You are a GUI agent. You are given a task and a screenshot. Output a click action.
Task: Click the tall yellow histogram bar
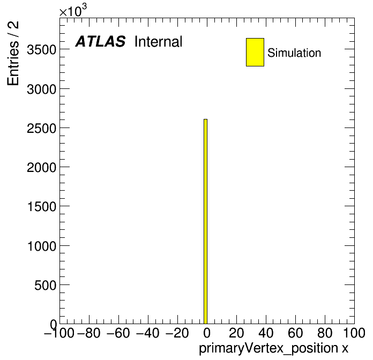(x=206, y=221)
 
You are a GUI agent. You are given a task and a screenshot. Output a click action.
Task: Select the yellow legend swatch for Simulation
(x=255, y=52)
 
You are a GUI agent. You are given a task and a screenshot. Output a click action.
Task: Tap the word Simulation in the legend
(x=294, y=53)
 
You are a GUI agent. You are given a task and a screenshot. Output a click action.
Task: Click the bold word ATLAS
(x=100, y=41)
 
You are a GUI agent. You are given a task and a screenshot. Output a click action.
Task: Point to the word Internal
(x=159, y=42)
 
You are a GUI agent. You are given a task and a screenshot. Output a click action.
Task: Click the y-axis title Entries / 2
(x=13, y=53)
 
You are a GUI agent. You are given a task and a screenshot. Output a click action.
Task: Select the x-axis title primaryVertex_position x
(x=273, y=348)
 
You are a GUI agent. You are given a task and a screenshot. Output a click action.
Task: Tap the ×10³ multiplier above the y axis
(x=73, y=10)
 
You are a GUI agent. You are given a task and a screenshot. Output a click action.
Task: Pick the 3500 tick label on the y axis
(x=42, y=50)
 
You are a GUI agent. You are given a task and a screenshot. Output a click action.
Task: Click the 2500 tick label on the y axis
(x=42, y=129)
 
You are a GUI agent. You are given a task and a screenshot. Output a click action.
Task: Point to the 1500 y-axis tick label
(x=42, y=207)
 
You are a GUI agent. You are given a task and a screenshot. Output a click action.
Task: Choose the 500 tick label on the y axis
(x=46, y=285)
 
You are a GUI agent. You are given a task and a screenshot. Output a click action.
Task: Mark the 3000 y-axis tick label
(x=42, y=89)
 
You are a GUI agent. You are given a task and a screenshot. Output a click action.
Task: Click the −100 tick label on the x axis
(x=59, y=333)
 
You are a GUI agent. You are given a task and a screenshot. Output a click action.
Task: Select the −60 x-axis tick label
(x=118, y=333)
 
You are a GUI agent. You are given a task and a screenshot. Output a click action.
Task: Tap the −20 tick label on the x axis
(x=177, y=333)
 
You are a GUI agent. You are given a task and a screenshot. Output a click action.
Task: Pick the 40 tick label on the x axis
(x=266, y=333)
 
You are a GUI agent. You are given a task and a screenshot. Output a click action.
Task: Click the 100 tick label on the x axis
(x=354, y=333)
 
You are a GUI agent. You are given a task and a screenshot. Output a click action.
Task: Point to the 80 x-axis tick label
(x=325, y=333)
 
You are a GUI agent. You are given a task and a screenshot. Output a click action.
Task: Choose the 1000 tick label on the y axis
(x=42, y=246)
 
